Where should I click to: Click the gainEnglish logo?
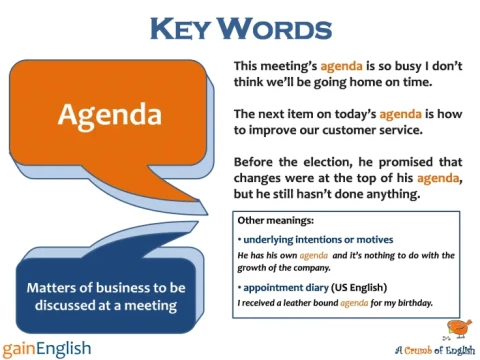pyautogui.click(x=47, y=346)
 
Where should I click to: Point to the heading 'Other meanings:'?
pyautogui.click(x=269, y=220)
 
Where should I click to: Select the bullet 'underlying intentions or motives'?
pyautogui.click(x=318, y=240)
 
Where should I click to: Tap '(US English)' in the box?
pyautogui.click(x=359, y=286)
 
